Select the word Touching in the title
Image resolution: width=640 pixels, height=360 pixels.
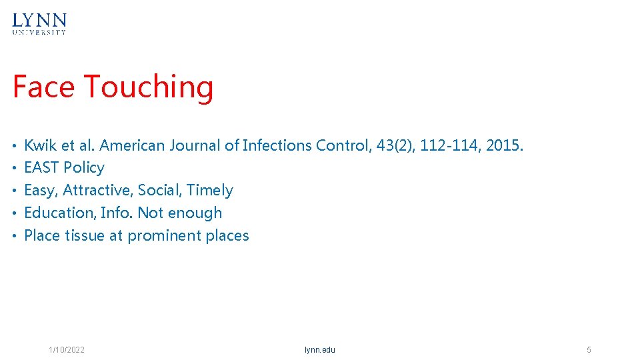click(x=149, y=87)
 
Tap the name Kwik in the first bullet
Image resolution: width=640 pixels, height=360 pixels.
click(x=40, y=145)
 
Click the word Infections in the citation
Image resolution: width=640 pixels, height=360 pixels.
click(x=277, y=145)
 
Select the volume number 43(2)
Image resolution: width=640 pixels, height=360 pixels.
click(x=395, y=145)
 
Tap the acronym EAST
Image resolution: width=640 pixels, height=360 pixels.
click(x=41, y=167)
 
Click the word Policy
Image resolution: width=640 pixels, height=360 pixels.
click(x=84, y=167)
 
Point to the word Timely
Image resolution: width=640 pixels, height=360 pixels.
click(x=210, y=190)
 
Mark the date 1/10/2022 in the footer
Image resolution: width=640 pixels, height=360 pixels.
click(x=67, y=350)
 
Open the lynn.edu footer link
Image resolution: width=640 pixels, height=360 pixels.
click(x=320, y=350)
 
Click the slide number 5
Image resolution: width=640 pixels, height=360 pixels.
click(x=589, y=350)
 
